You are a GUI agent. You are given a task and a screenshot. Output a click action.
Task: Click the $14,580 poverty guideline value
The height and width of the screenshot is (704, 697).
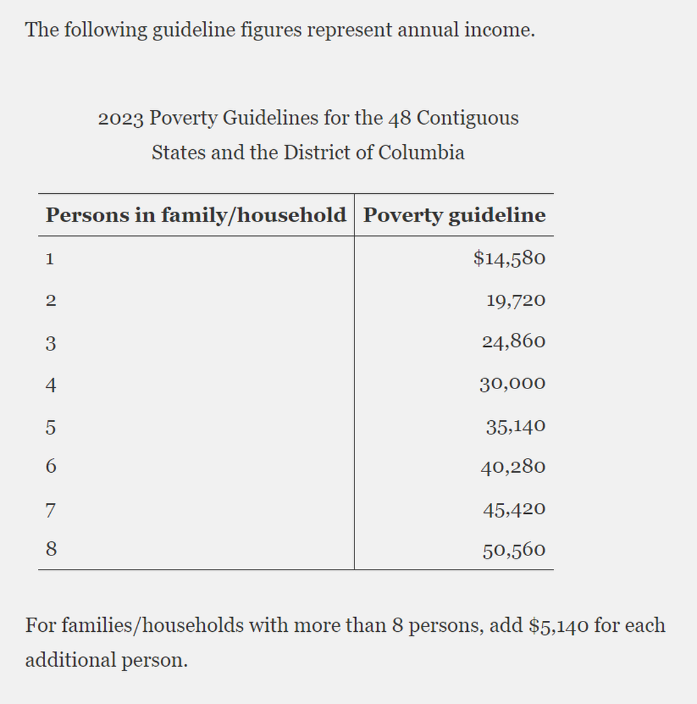tap(509, 258)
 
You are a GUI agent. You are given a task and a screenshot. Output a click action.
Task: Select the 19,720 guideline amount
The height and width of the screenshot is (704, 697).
tap(515, 300)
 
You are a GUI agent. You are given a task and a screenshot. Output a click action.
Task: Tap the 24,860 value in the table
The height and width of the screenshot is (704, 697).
tap(514, 341)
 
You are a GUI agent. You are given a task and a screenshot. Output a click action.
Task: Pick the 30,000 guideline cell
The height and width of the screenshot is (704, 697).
tap(512, 383)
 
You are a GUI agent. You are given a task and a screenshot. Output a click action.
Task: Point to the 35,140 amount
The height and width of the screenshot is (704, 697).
tap(515, 426)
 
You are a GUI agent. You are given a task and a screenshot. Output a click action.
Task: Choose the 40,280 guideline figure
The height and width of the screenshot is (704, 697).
tap(513, 467)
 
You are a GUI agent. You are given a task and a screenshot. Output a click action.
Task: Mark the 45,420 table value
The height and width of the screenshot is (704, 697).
tap(514, 509)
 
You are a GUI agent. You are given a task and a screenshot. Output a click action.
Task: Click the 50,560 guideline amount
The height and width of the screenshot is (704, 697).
tap(514, 550)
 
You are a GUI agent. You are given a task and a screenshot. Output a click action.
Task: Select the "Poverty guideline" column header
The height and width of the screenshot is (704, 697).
tap(454, 215)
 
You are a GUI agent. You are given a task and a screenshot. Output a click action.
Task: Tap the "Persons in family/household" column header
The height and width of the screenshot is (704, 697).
tap(196, 215)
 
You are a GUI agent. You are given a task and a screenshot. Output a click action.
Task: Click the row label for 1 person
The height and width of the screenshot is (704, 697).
tap(50, 259)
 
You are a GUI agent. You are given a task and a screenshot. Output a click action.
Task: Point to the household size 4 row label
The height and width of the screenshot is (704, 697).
tap(51, 385)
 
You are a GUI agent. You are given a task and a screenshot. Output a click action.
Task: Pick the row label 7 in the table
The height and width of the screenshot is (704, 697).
tap(51, 510)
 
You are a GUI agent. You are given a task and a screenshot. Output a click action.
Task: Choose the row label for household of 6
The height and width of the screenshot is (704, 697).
tap(51, 467)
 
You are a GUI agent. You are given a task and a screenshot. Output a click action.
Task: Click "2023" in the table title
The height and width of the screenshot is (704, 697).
tap(120, 118)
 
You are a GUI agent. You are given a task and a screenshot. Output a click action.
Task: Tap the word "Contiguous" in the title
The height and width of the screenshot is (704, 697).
tap(467, 117)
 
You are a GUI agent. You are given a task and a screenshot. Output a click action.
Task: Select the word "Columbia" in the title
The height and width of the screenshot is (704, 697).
tap(421, 152)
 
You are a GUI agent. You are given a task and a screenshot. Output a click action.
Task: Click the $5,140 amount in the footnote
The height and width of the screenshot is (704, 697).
tap(559, 626)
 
